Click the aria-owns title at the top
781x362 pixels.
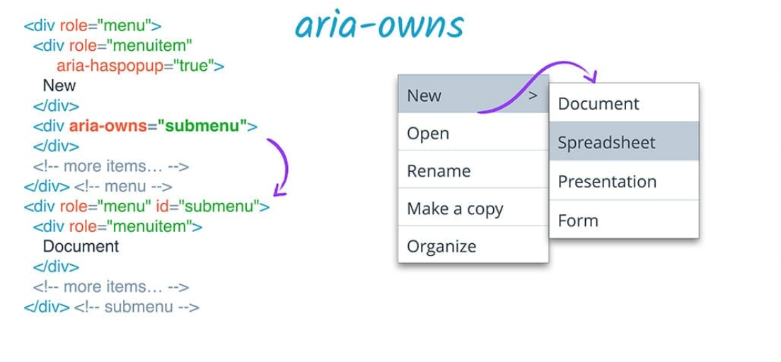click(379, 25)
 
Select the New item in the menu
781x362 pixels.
click(424, 95)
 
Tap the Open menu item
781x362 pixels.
click(427, 134)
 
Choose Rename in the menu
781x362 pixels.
click(439, 171)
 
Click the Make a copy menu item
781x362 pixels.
click(455, 209)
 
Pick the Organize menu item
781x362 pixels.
click(441, 247)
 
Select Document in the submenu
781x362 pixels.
click(598, 104)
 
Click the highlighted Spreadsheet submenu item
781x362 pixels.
click(606, 143)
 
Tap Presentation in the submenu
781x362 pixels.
click(607, 182)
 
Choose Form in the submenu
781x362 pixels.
click(578, 221)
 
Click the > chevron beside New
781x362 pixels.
click(533, 95)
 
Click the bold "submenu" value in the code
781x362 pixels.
click(202, 127)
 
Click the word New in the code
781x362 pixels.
click(59, 86)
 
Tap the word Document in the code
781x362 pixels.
click(81, 247)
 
